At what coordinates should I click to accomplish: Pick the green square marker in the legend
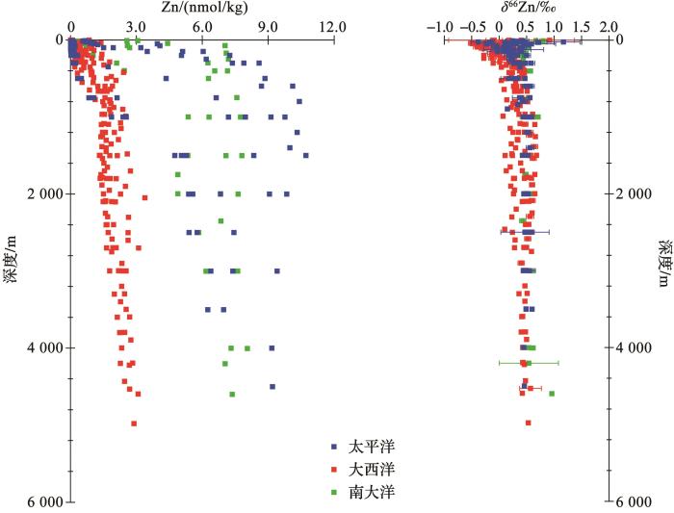pos(333,491)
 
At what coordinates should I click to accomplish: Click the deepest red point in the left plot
pos(134,423)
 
